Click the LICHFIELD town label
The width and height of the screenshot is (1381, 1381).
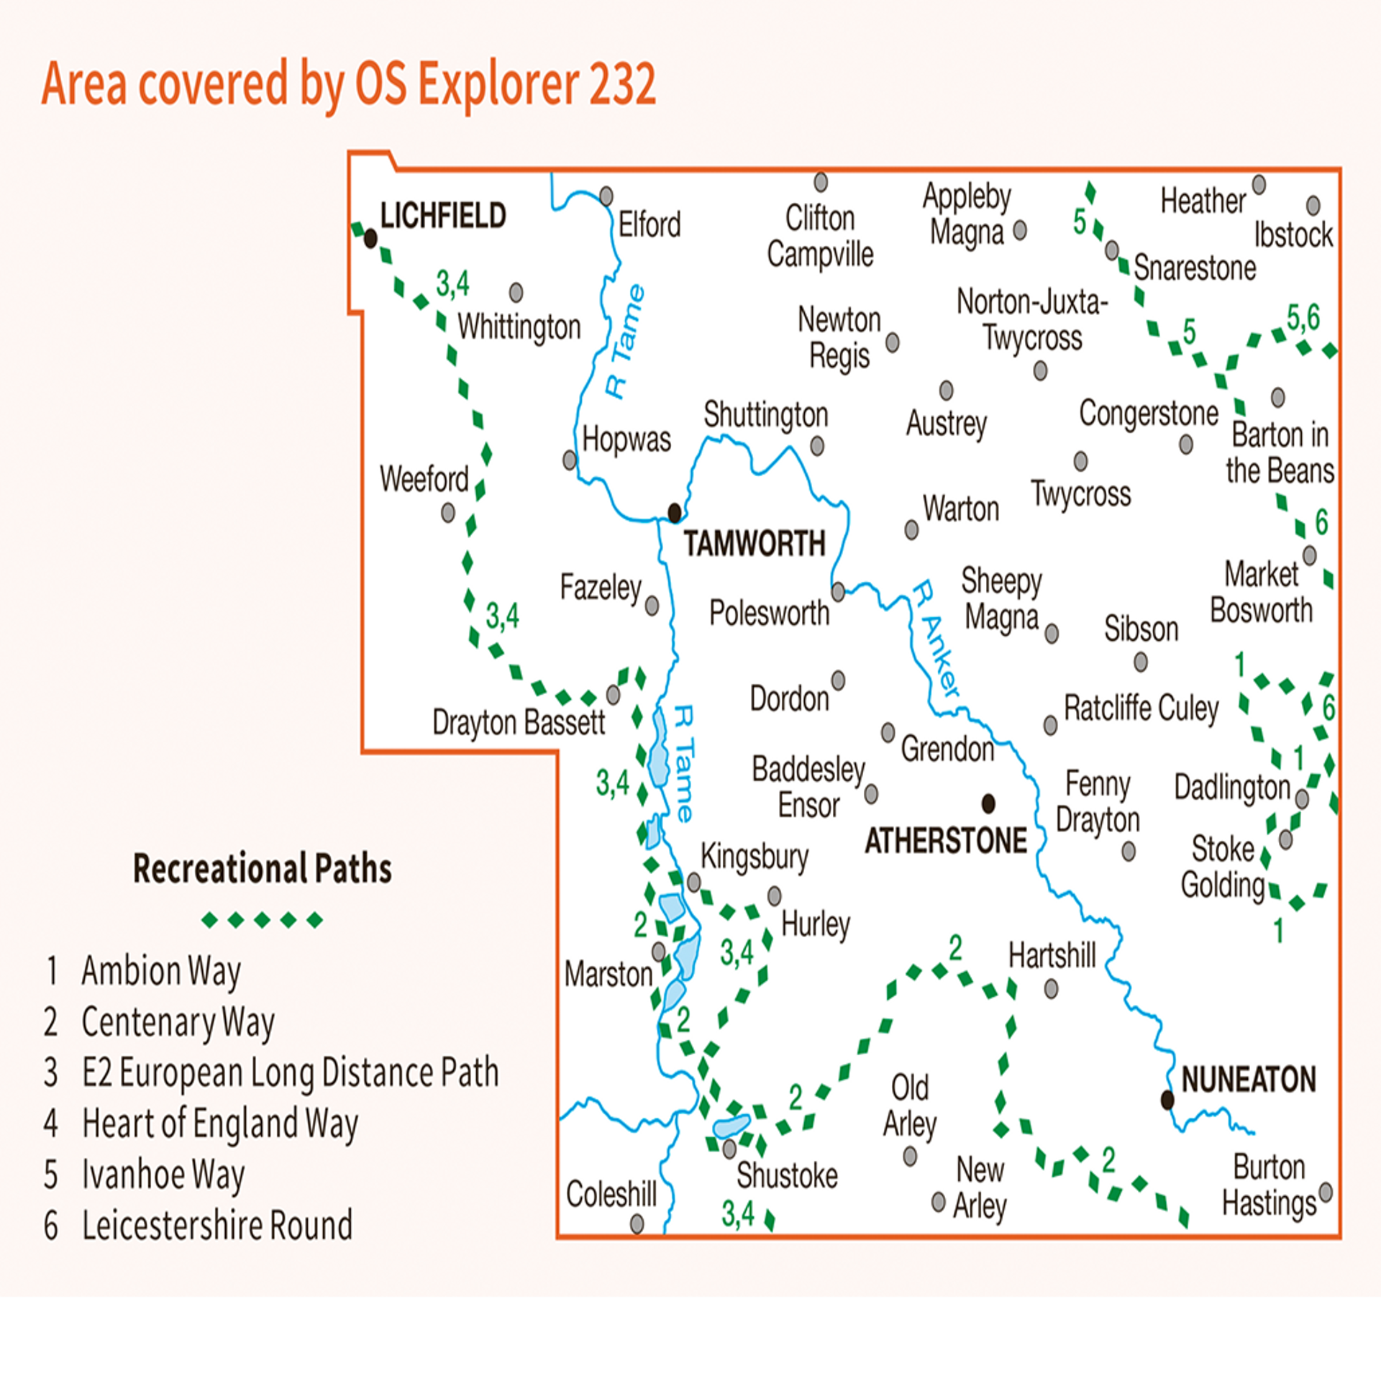pyautogui.click(x=443, y=215)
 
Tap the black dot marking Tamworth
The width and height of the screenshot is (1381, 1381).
pyautogui.click(x=674, y=513)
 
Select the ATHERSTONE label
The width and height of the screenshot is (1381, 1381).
pyautogui.click(x=945, y=841)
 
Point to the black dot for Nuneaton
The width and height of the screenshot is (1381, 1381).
pyautogui.click(x=1167, y=1100)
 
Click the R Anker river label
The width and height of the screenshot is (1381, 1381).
pyautogui.click(x=936, y=638)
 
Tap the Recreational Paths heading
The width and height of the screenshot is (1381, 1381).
pyautogui.click(x=263, y=868)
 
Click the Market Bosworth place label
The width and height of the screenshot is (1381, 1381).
pyautogui.click(x=1261, y=593)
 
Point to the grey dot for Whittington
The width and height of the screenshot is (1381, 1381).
pyautogui.click(x=516, y=292)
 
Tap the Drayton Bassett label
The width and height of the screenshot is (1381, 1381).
pyautogui.click(x=518, y=722)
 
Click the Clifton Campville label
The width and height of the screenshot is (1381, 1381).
pyautogui.click(x=820, y=236)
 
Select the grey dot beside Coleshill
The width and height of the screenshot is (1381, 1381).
pyautogui.click(x=637, y=1223)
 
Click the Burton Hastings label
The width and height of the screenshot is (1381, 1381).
pyautogui.click(x=1269, y=1185)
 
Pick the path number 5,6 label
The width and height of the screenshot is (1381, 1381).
pyautogui.click(x=1303, y=317)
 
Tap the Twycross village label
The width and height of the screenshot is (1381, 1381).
pyautogui.click(x=1080, y=493)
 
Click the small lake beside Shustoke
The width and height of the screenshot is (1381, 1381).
pyautogui.click(x=731, y=1126)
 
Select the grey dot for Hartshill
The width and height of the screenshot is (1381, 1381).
pyautogui.click(x=1051, y=990)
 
